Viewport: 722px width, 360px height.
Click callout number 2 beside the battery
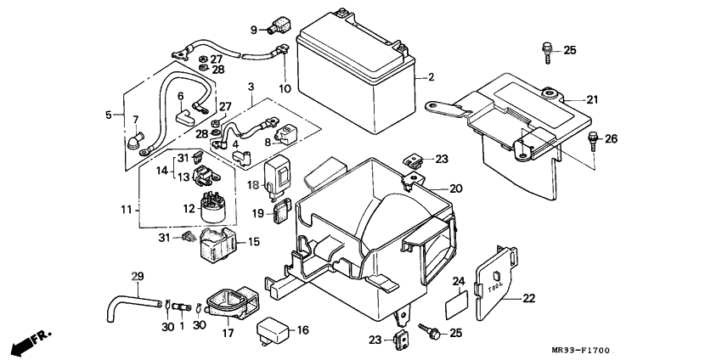(431, 77)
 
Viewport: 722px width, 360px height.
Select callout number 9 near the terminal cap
(253, 31)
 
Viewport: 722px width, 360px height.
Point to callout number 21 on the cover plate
(591, 100)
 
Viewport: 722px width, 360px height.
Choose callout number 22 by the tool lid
(528, 298)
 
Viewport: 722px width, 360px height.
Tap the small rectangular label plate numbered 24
(459, 298)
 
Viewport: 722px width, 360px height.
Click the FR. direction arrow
(31, 343)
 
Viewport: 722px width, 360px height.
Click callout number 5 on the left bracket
(108, 115)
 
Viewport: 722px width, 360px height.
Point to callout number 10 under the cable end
(283, 87)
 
